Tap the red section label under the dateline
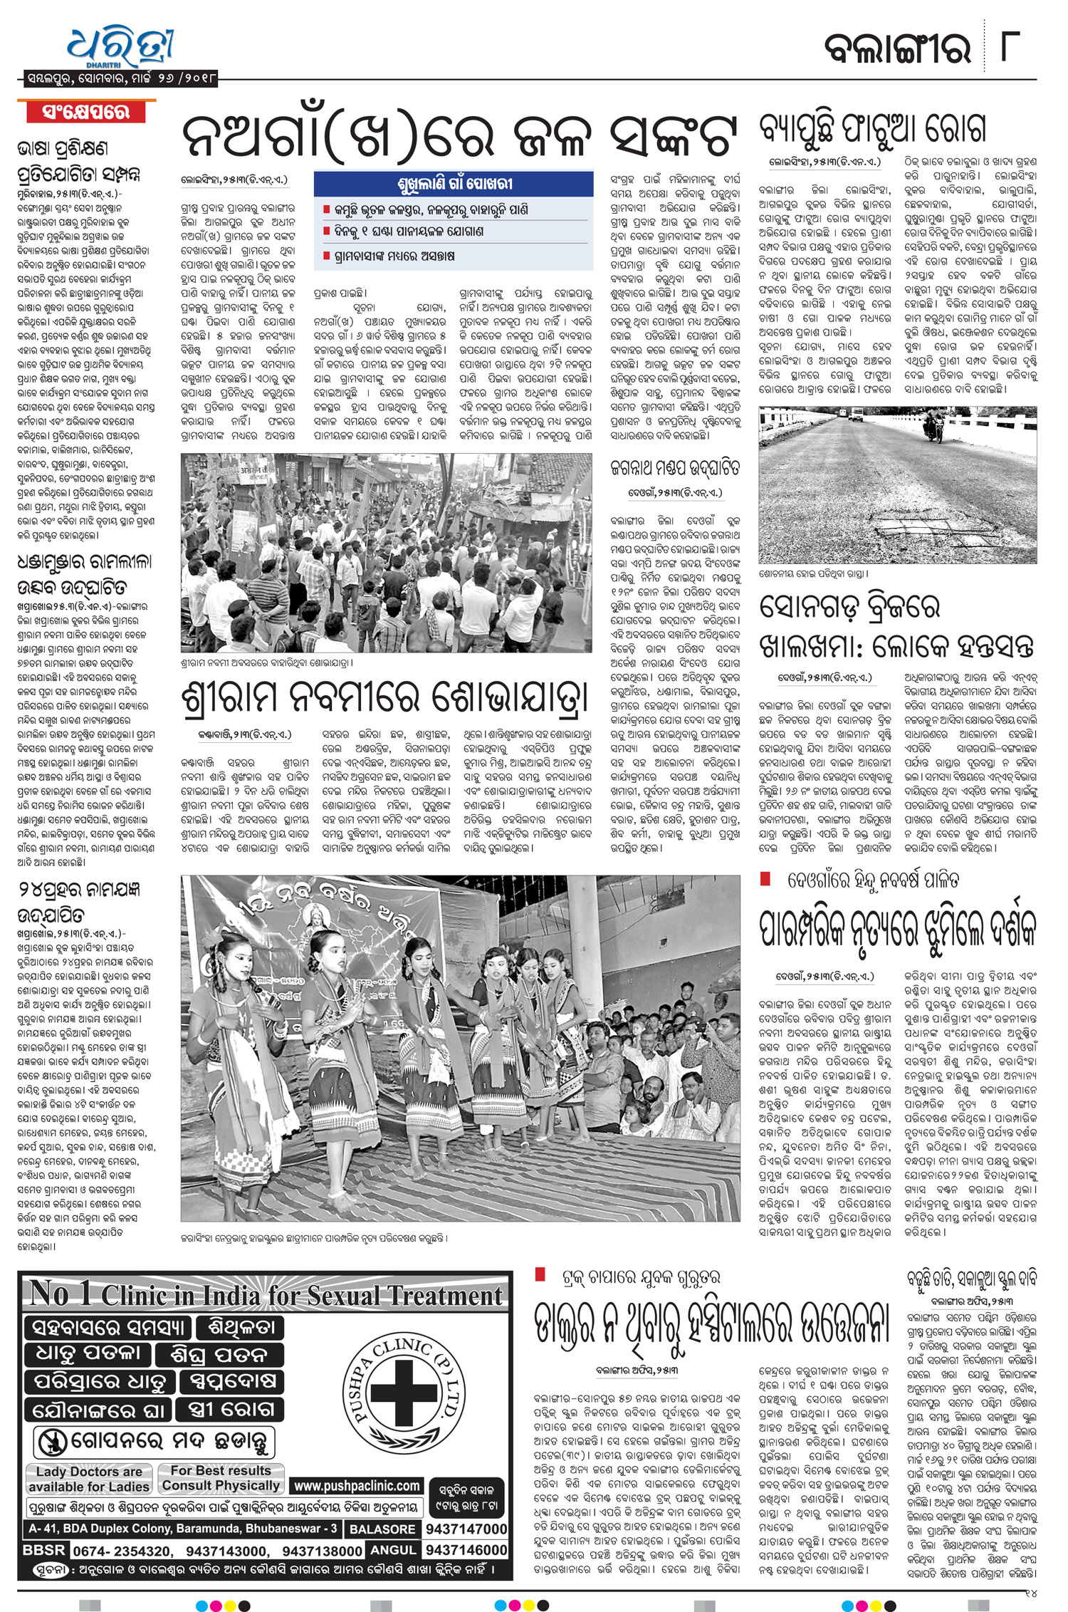[x=86, y=113]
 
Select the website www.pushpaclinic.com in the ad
[x=357, y=1486]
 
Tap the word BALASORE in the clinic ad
[x=382, y=1529]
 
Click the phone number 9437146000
[x=466, y=1550]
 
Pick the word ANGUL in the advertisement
[x=393, y=1550]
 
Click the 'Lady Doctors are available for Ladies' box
[x=89, y=1479]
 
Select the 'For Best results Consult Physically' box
[x=221, y=1478]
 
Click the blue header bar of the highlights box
[x=454, y=184]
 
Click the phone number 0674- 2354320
[x=122, y=1551]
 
